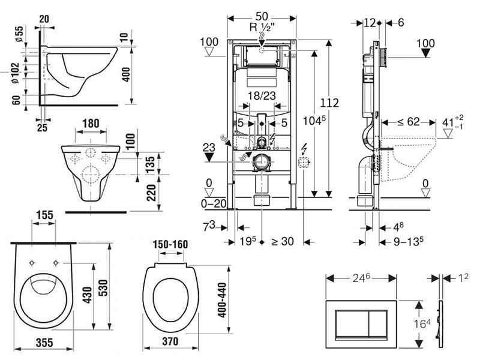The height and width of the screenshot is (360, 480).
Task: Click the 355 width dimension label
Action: (x=44, y=343)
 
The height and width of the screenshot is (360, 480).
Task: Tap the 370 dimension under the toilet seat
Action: (x=170, y=341)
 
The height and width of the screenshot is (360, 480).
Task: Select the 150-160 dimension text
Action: (x=170, y=244)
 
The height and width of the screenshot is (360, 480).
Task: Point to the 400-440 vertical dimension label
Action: (x=221, y=300)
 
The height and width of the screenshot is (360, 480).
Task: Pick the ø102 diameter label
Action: (x=15, y=73)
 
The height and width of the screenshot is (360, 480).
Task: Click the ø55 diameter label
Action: (x=19, y=34)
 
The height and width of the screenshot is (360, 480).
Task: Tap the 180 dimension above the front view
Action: (x=91, y=124)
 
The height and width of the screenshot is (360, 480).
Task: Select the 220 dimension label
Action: (x=151, y=193)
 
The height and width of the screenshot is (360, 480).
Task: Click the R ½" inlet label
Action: (x=262, y=27)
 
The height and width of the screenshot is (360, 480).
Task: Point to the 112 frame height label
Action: (x=329, y=103)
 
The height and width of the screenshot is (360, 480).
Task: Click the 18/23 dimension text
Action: (x=262, y=96)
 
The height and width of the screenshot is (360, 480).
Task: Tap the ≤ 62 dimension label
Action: (x=409, y=122)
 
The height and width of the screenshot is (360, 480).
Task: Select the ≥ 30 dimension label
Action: (x=283, y=242)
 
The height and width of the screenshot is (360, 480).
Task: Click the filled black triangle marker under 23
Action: (x=209, y=157)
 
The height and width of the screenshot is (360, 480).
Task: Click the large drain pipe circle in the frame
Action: (x=261, y=161)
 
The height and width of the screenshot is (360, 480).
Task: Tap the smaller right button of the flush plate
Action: (x=377, y=324)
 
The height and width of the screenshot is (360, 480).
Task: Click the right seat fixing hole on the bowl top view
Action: (x=56, y=263)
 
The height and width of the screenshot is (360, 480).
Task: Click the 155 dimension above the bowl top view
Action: (x=44, y=215)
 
